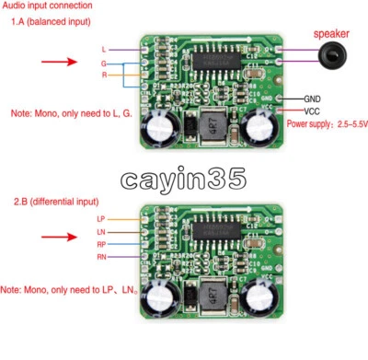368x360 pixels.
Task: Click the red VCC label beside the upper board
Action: click(310, 110)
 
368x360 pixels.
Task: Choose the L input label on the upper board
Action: click(103, 48)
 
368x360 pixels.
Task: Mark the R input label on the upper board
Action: click(103, 73)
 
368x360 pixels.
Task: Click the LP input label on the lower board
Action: click(101, 218)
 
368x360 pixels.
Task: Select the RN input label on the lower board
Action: click(101, 257)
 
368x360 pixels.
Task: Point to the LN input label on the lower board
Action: click(101, 231)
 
